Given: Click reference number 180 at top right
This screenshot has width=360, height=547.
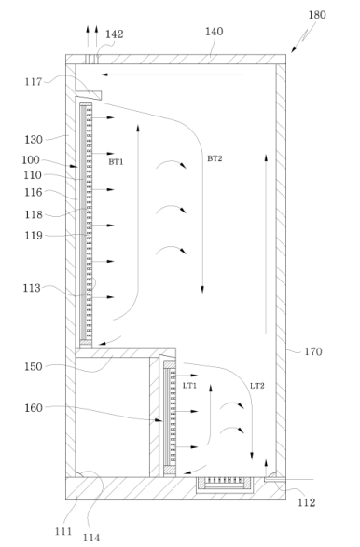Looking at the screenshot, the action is tap(317, 15).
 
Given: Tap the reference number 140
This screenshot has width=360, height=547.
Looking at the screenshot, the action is tap(215, 32).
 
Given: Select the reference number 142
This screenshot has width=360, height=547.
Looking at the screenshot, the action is tap(115, 34).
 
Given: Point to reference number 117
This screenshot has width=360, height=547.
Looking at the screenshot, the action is tap(34, 82).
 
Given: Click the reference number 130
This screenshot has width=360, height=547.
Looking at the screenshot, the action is tap(34, 140).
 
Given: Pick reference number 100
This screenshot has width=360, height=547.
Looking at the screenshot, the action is tap(31, 159).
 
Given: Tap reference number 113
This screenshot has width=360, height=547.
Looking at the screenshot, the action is tap(32, 288).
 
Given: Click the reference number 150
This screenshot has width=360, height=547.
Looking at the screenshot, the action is tap(34, 366).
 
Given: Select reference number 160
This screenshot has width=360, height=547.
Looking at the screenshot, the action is tap(34, 407).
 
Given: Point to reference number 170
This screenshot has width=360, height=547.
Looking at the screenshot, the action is tap(313, 351).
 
